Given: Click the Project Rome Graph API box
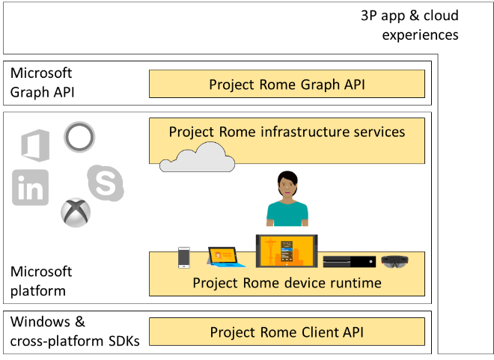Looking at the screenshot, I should [x=287, y=84].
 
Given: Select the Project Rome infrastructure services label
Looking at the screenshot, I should [x=287, y=132].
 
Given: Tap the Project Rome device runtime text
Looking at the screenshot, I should [x=287, y=283].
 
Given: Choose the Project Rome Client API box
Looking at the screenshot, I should [x=287, y=332].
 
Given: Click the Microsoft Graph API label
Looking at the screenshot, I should [x=42, y=82].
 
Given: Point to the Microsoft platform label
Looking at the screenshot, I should [x=42, y=281].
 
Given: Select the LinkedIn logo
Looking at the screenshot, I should [x=31, y=187].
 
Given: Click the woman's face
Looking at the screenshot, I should [x=287, y=184].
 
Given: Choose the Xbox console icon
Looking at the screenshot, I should [x=348, y=262].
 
